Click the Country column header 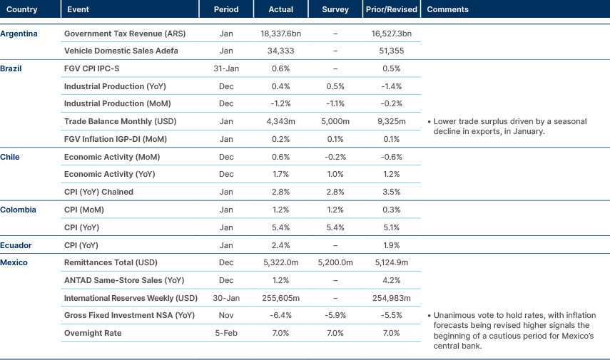pos(22,9)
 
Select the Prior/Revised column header pos(392,9)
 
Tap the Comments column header pos(447,9)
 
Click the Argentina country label pos(19,34)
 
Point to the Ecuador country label pos(16,245)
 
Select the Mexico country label pos(14,263)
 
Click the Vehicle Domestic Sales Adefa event pos(121,51)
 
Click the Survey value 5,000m pos(335,122)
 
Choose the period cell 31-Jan pos(225,69)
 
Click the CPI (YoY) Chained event pos(98,192)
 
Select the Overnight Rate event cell pos(93,333)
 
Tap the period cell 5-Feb pos(225,333)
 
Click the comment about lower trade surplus pos(510,126)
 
